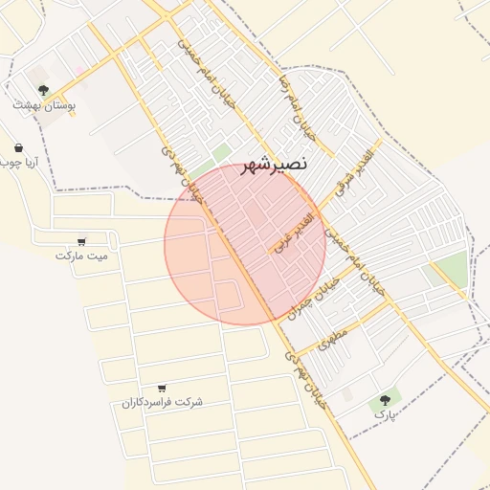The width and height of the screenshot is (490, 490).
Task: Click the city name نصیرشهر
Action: click(275, 164)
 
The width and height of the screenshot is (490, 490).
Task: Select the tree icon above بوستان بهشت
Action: click(42, 90)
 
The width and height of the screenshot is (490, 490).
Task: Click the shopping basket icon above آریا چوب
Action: click(20, 147)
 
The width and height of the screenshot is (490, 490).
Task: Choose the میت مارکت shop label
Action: click(81, 256)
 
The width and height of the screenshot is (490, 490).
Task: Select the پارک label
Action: click(384, 415)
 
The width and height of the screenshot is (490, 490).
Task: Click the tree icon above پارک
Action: click(385, 399)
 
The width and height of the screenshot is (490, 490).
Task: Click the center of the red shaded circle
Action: click(245, 244)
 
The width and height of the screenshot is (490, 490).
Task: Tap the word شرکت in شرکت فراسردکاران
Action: click(190, 402)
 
